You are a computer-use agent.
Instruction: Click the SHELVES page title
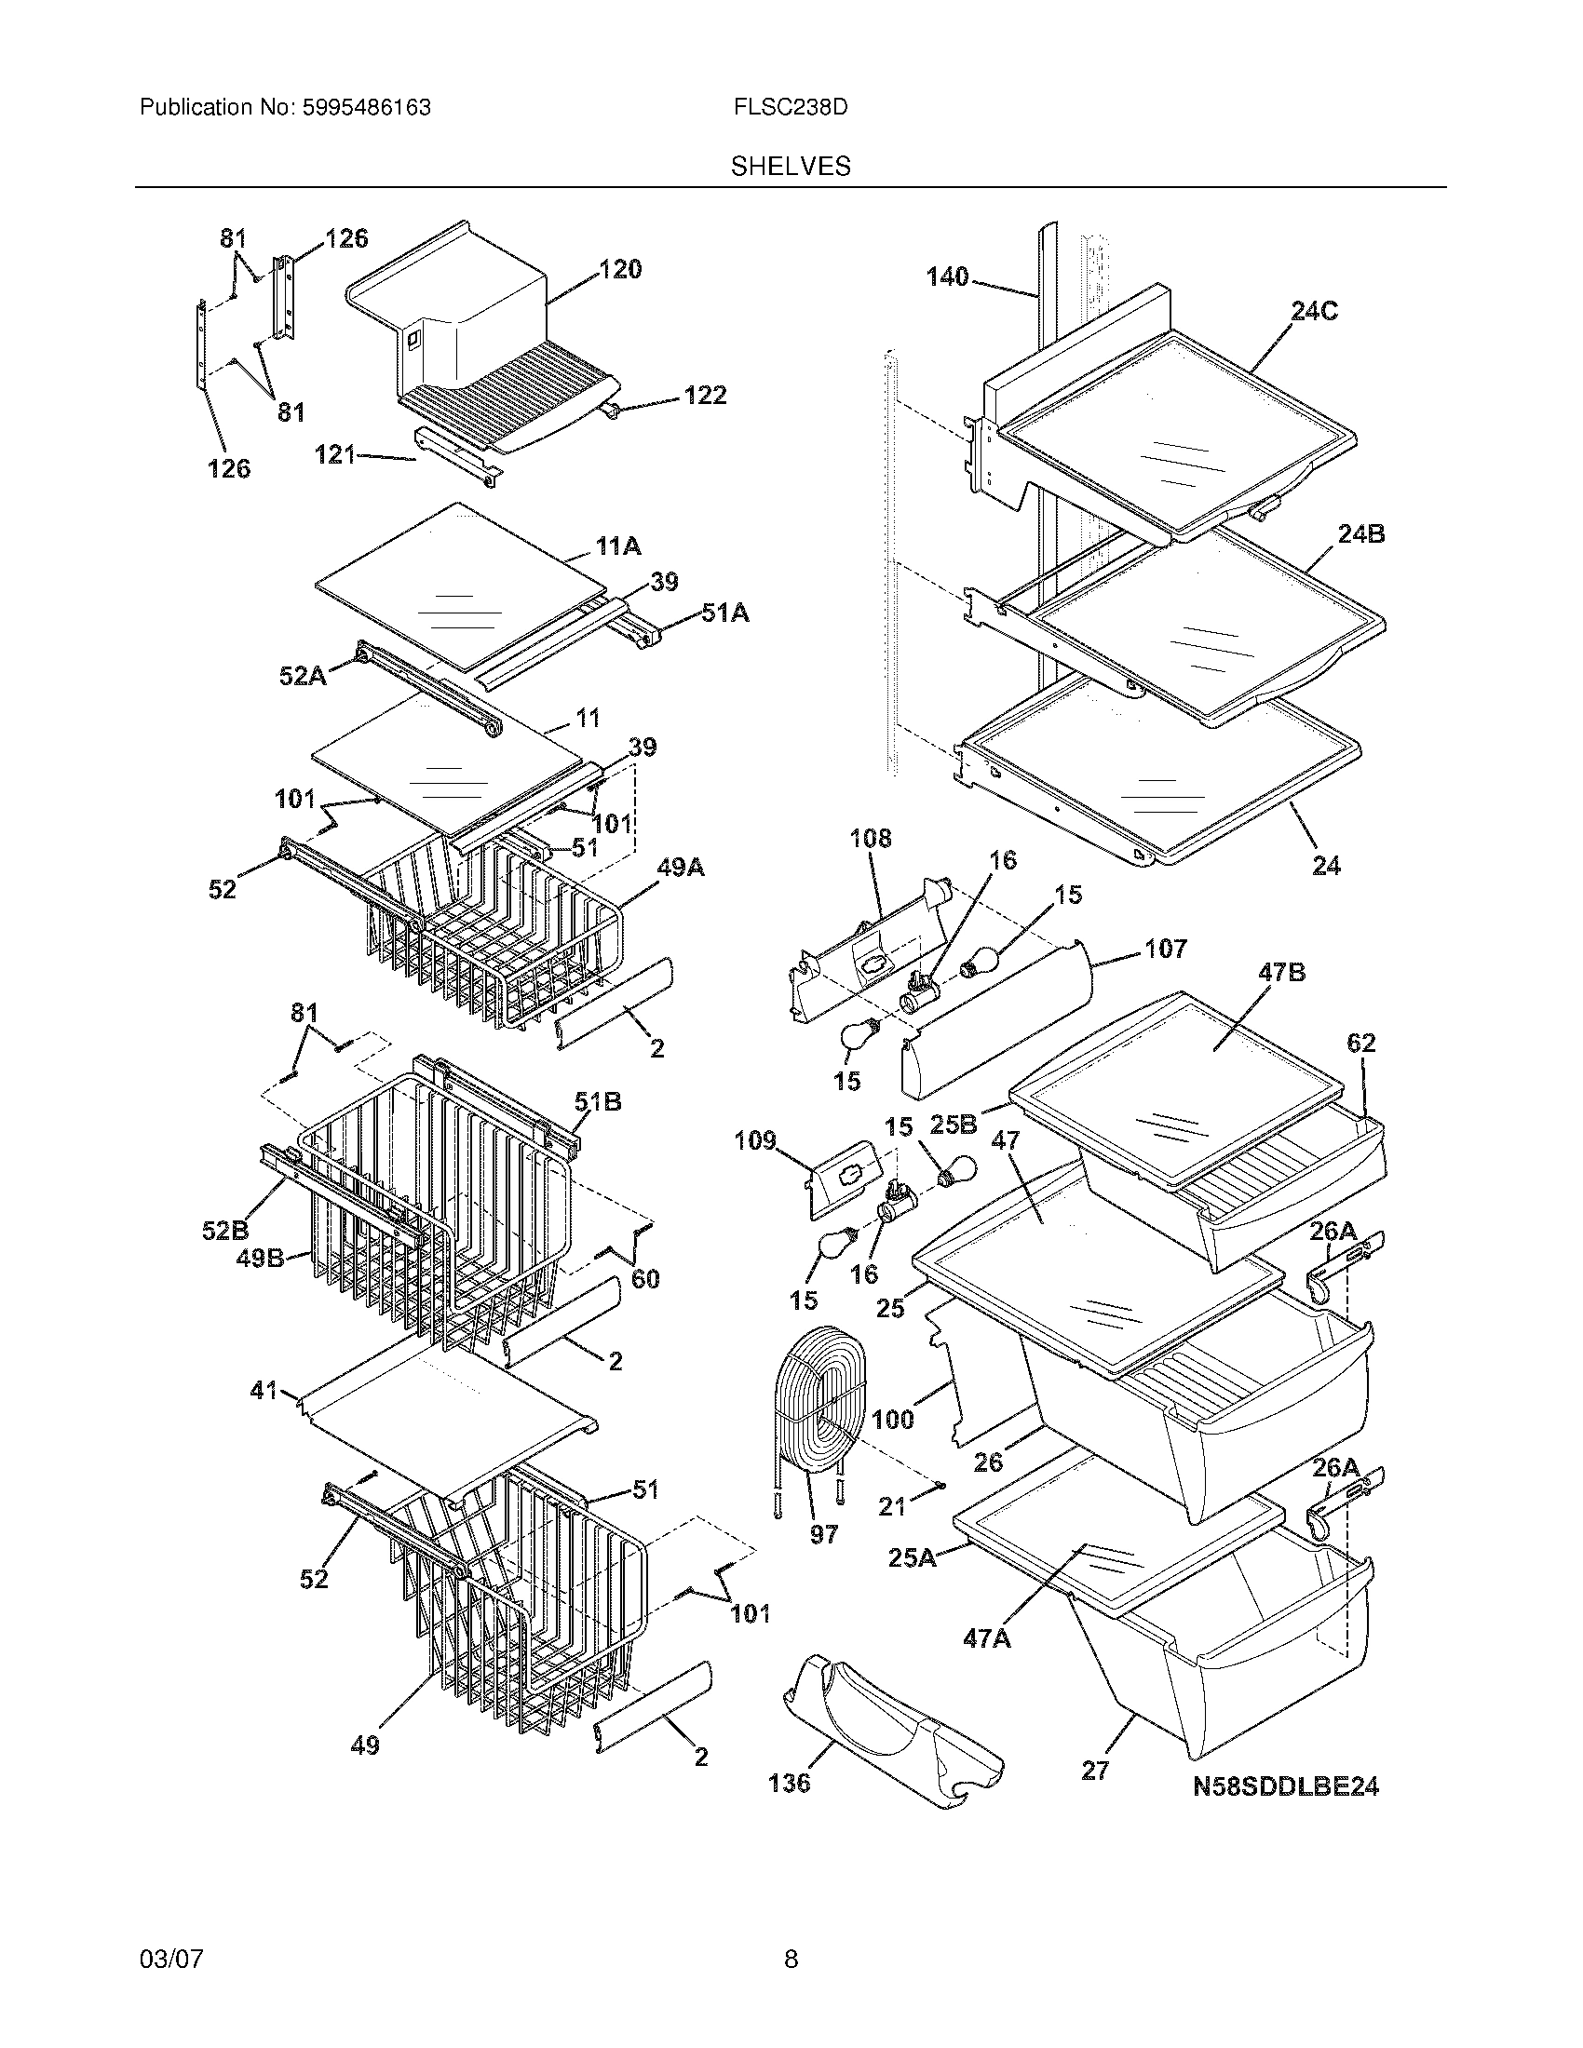point(791,166)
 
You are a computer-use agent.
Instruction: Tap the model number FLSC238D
point(791,108)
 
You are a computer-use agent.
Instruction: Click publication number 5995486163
point(367,108)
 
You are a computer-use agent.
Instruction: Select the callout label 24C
point(1313,311)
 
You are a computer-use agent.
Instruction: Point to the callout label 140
point(946,276)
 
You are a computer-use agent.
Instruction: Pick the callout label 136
point(789,1783)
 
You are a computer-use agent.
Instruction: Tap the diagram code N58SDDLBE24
point(1285,1787)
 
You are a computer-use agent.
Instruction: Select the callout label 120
point(620,270)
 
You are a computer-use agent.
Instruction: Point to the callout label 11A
point(618,546)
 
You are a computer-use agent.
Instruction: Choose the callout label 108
point(871,838)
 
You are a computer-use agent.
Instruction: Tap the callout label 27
point(1094,1770)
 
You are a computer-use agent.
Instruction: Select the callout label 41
point(263,1390)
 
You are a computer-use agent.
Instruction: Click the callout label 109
point(755,1140)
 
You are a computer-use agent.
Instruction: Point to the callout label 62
point(1360,1043)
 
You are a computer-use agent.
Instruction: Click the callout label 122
point(704,396)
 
